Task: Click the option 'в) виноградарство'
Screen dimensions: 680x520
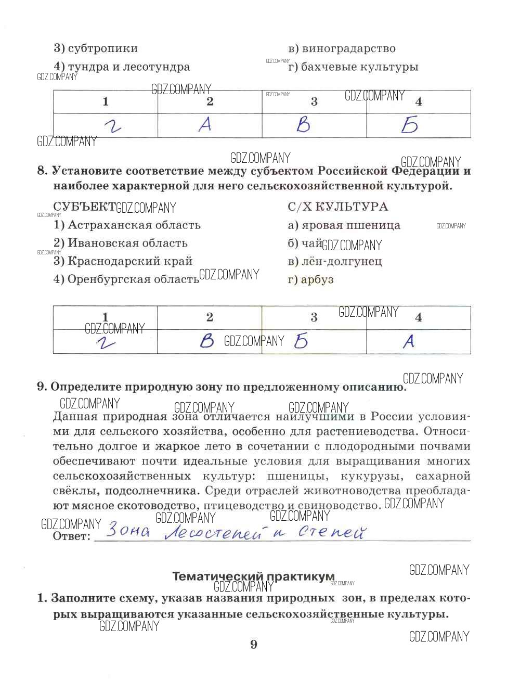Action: (342, 49)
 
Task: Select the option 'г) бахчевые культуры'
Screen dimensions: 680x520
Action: (353, 67)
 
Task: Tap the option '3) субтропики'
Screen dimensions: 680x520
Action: (96, 49)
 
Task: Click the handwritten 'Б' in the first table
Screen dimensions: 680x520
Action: (409, 125)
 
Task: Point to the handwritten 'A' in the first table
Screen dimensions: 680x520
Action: (205, 125)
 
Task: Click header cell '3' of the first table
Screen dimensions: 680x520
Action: (314, 101)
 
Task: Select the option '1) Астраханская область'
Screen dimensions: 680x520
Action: (127, 225)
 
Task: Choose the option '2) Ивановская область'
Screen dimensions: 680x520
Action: (120, 243)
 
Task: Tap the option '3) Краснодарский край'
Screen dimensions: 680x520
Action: (123, 261)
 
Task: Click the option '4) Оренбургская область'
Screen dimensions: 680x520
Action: (126, 279)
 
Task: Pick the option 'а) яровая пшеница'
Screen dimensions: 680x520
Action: (344, 225)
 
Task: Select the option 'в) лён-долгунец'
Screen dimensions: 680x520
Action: (335, 261)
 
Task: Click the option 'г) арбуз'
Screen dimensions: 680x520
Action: (310, 279)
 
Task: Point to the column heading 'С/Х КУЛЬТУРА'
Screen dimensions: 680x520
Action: (337, 207)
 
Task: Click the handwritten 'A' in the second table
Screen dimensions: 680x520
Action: (409, 341)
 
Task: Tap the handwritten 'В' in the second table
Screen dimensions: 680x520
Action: (207, 341)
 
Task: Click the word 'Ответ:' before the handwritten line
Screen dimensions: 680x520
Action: (72, 536)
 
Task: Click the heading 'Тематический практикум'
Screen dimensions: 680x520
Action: (253, 576)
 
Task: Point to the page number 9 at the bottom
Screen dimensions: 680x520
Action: (254, 645)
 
